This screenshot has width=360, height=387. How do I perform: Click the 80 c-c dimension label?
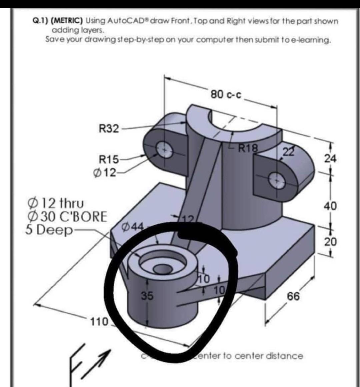[226, 95]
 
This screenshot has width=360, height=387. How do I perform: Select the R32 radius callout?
[109, 128]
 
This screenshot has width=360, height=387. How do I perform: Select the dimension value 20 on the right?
[330, 241]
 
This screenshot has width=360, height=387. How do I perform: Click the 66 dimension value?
[293, 296]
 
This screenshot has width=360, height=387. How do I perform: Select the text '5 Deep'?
[49, 230]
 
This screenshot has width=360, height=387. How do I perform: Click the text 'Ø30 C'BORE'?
[67, 217]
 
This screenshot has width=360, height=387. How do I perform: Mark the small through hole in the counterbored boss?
[161, 269]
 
